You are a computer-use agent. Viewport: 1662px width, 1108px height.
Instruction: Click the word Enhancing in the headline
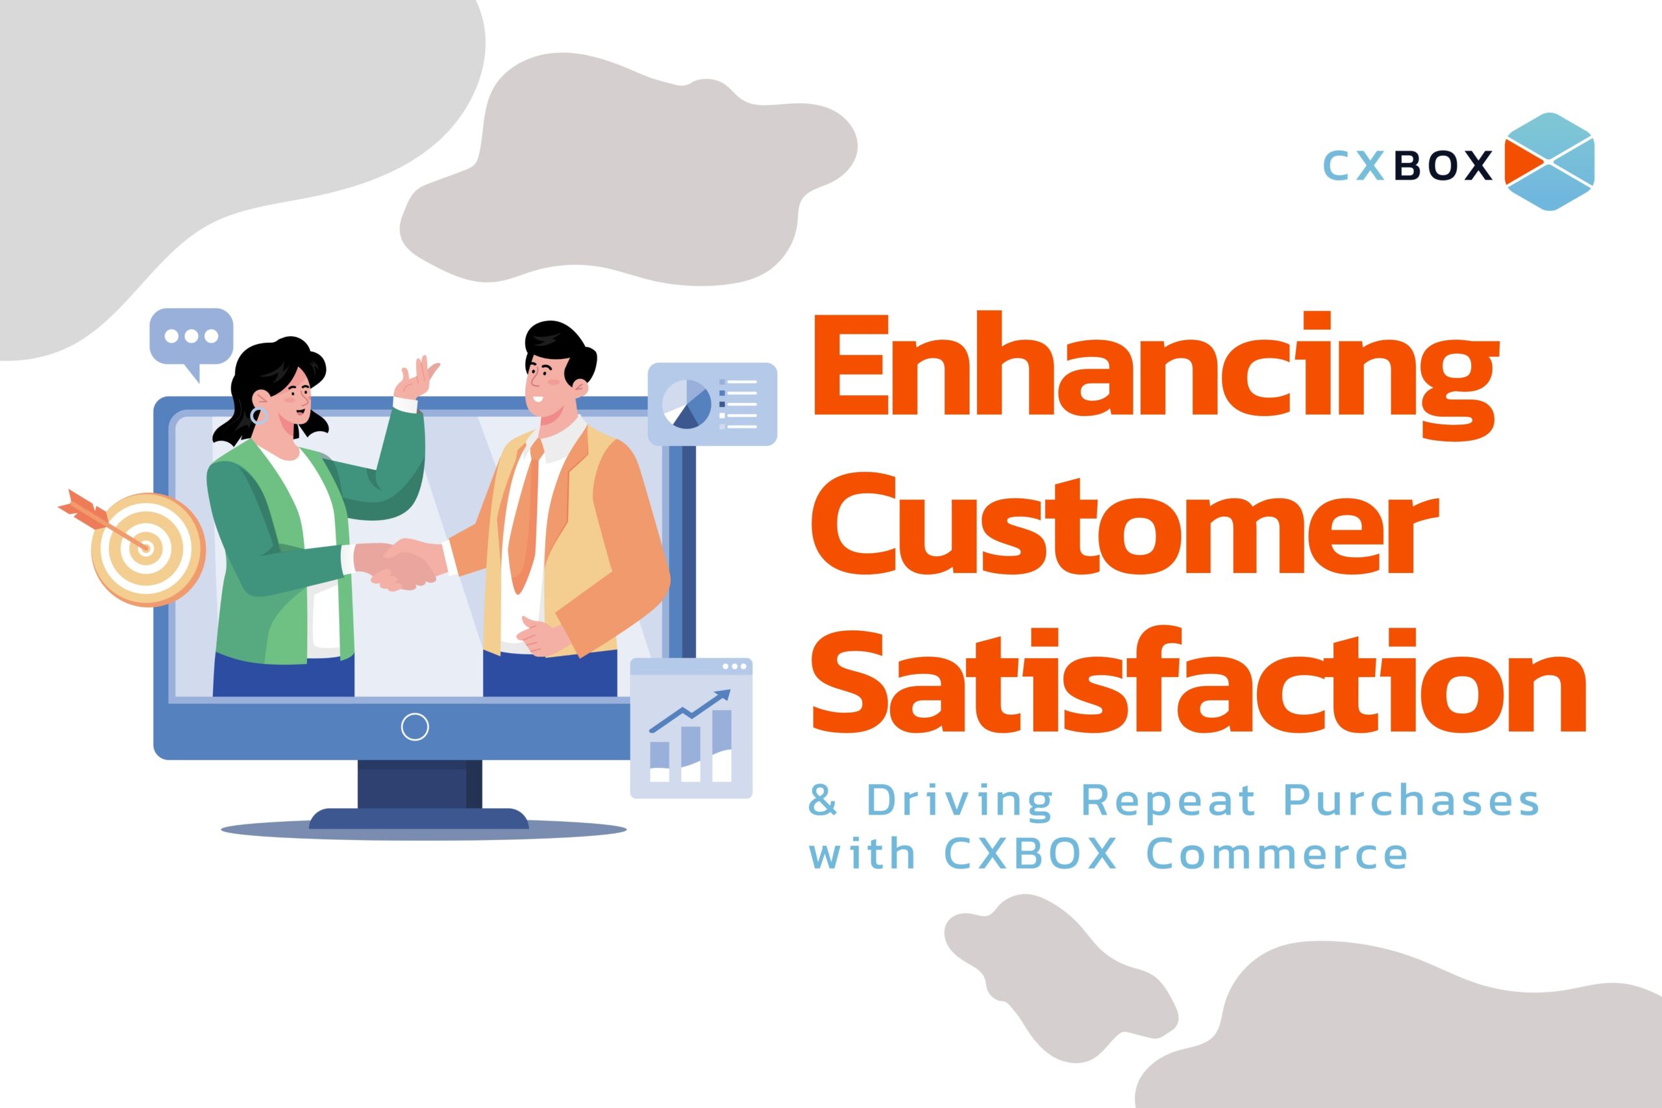click(1153, 382)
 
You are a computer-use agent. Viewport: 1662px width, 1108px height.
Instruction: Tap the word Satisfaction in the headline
click(1198, 679)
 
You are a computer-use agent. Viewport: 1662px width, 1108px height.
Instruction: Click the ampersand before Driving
click(823, 800)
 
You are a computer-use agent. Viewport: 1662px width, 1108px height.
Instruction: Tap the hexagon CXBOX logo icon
click(1549, 161)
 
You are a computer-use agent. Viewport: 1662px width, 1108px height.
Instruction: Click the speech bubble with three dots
click(191, 342)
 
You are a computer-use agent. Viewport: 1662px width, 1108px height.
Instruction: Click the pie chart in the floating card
click(686, 404)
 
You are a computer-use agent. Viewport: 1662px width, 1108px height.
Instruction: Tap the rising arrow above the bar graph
click(689, 710)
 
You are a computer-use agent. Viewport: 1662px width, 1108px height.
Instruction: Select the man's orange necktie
click(526, 516)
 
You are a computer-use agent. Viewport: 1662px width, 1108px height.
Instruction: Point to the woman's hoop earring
click(259, 415)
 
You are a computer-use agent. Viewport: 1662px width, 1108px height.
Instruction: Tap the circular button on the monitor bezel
click(415, 726)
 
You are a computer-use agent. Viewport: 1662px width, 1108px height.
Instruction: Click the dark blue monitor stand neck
click(420, 784)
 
